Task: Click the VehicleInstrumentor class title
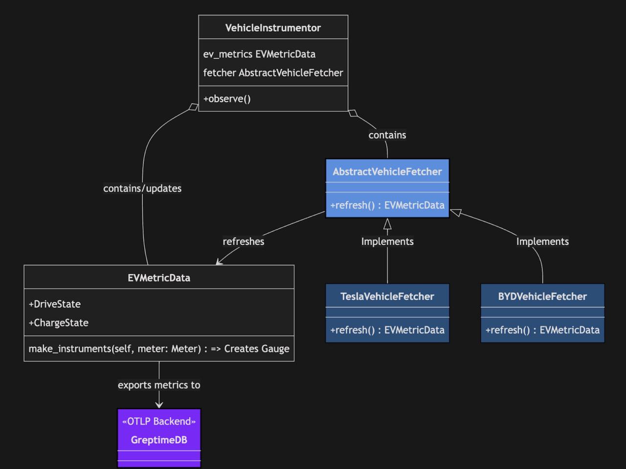(x=273, y=28)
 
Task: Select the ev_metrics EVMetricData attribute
(x=259, y=54)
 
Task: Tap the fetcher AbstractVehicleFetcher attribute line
(x=273, y=72)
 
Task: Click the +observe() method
(x=227, y=98)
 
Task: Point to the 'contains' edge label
(x=387, y=135)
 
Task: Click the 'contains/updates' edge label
(x=142, y=188)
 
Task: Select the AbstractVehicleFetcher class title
(x=387, y=171)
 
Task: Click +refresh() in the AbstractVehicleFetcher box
(x=387, y=205)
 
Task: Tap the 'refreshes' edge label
(x=243, y=241)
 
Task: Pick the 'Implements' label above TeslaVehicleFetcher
(x=387, y=241)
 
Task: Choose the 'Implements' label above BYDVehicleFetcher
(x=542, y=241)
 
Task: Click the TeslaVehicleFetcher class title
(x=387, y=296)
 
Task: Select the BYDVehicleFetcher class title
(x=542, y=296)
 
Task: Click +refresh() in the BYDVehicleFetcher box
(x=542, y=330)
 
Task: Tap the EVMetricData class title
(x=159, y=278)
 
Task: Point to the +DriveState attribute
(x=55, y=304)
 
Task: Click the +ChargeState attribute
(x=59, y=323)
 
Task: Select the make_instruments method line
(x=159, y=349)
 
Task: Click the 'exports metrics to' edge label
(x=159, y=385)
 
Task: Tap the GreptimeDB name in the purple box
(x=159, y=440)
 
